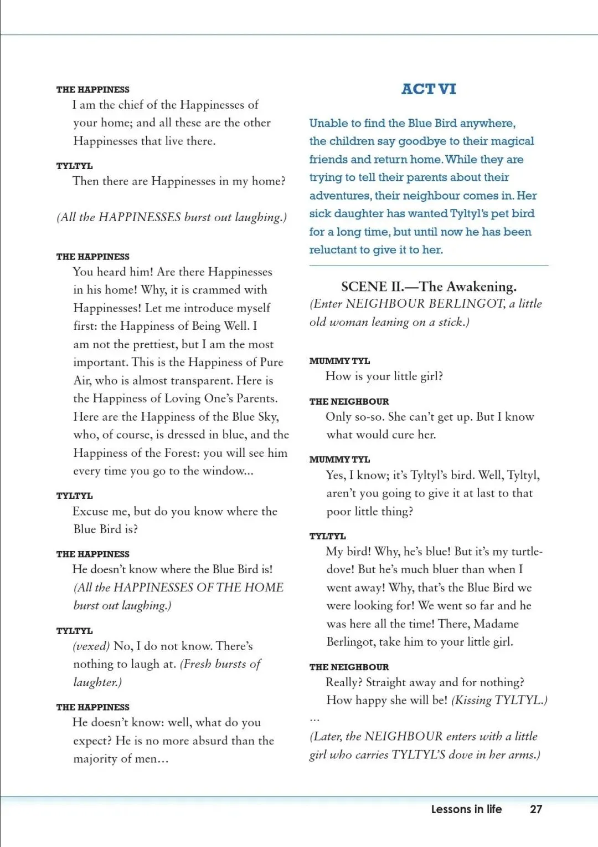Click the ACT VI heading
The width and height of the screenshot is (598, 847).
click(x=429, y=89)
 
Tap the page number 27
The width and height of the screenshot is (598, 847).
click(x=535, y=809)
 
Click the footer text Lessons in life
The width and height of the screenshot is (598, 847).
click(x=466, y=809)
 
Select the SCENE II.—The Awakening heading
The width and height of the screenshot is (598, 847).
click(x=429, y=287)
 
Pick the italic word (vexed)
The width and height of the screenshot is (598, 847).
click(x=91, y=646)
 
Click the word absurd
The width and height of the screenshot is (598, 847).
click(x=203, y=741)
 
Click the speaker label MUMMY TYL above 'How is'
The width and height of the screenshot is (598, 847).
click(x=339, y=361)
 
